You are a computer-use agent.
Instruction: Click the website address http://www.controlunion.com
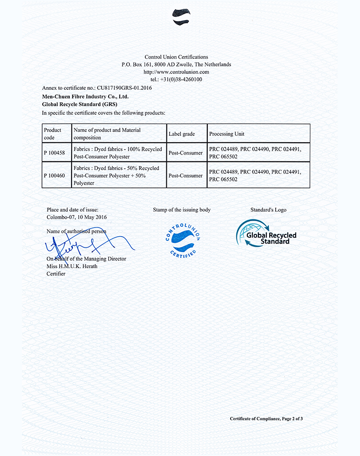point(176,72)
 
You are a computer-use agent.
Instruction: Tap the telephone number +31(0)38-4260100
point(181,79)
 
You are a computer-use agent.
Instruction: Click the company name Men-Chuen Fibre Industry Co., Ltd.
point(85,97)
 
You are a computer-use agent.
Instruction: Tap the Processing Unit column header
point(226,134)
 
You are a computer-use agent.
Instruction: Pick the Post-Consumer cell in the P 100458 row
point(185,153)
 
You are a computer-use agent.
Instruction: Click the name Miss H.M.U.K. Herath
point(72,266)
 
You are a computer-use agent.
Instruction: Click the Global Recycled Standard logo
point(267,234)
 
